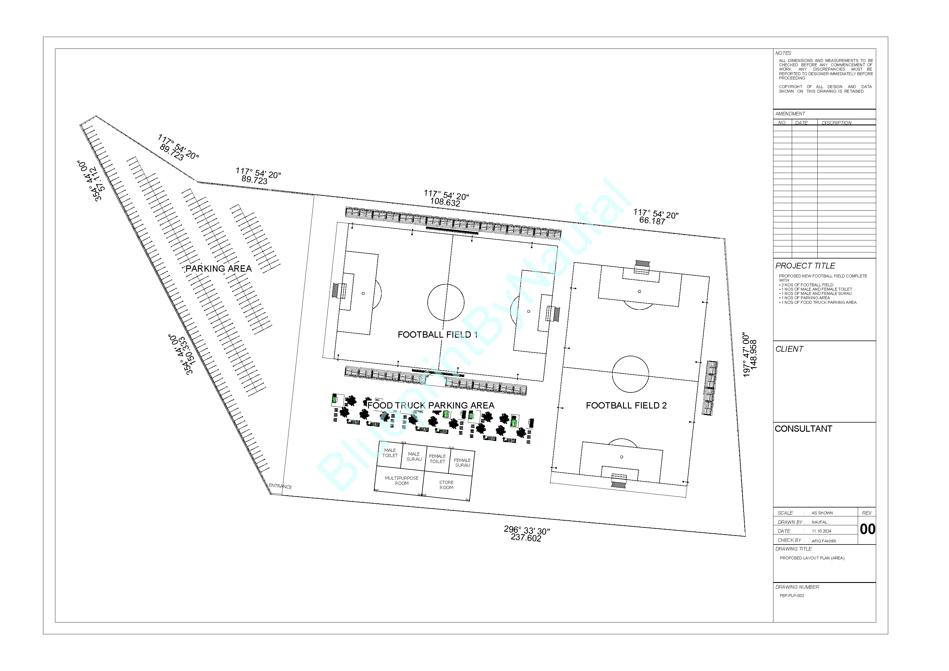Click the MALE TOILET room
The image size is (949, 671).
pos(390,453)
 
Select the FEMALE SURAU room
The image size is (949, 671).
pos(462,463)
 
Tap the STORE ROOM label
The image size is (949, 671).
pos(446,485)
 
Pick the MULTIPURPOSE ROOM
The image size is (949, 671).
pos(401,481)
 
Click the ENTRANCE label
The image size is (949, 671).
pos(280,486)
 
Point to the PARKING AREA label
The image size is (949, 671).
pos(218,269)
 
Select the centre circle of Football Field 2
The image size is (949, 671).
pos(630,374)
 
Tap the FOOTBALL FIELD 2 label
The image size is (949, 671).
pos(626,406)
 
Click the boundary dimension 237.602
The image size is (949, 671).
pos(526,538)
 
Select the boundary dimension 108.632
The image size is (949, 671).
pos(445,202)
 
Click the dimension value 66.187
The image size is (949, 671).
pos(652,221)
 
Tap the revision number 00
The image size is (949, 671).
pos(867,529)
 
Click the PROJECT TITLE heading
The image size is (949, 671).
pos(805,266)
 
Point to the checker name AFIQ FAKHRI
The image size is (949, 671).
pos(824,541)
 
